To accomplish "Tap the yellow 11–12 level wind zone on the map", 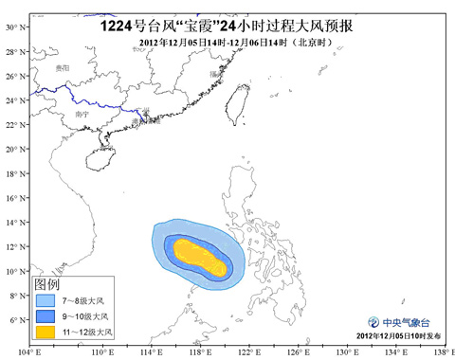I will [x=199, y=254].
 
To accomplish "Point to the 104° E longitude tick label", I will [x=34, y=352].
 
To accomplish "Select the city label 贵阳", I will [x=61, y=70].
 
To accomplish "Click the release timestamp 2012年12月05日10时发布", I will [x=399, y=336].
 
